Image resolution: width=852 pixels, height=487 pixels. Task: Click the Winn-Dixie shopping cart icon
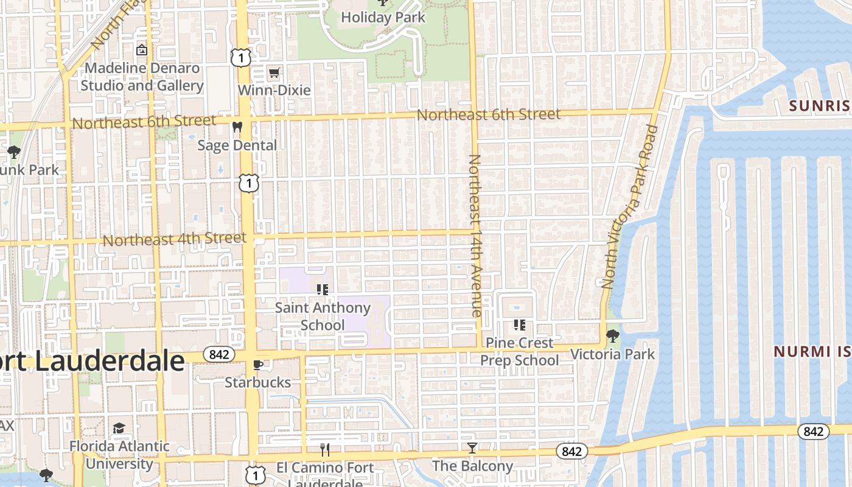[274, 73]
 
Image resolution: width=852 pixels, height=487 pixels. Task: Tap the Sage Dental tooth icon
[237, 128]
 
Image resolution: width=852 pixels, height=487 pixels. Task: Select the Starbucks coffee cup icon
[258, 365]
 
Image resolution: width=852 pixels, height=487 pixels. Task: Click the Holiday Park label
[383, 17]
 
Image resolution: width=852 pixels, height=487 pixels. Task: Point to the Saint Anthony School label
[323, 316]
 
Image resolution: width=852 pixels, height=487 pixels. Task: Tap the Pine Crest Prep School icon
[519, 325]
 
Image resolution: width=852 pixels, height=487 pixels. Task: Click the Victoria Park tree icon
[613, 336]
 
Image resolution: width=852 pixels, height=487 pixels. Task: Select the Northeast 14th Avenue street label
[475, 235]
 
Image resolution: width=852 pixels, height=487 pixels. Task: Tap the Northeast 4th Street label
[174, 239]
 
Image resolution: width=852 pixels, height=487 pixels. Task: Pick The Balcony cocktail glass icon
[472, 449]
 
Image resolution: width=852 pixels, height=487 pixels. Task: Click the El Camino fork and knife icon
[325, 450]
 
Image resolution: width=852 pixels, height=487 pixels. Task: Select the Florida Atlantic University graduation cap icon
[119, 428]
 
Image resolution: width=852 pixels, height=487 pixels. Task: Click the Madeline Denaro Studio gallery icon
[142, 50]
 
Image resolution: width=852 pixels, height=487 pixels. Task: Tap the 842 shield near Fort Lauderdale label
[218, 354]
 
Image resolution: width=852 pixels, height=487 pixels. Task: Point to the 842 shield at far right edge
[814, 432]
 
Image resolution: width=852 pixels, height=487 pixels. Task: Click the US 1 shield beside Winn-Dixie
[240, 58]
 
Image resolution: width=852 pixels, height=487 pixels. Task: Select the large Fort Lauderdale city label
[91, 361]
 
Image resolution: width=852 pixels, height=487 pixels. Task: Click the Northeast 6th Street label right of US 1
[488, 114]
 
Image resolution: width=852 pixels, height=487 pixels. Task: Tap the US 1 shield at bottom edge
[255, 474]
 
